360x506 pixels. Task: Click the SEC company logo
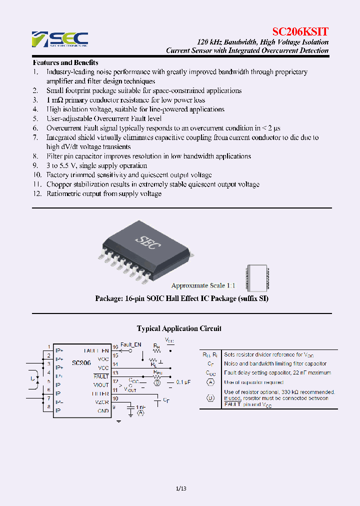[60, 39]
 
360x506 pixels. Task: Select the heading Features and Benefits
[65, 62]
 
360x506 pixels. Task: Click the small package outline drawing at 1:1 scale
[254, 278]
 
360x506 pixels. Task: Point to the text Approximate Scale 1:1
[203, 285]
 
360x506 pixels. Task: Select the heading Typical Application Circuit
[179, 328]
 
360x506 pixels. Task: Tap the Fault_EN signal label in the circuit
[130, 344]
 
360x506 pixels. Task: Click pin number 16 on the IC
[115, 346]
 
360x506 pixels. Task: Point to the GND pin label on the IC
[103, 411]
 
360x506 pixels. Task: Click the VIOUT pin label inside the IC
[100, 385]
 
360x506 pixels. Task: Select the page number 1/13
[181, 488]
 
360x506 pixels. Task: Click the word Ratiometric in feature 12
[64, 193]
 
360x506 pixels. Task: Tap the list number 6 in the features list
[35, 128]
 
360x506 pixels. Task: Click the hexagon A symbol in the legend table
[210, 382]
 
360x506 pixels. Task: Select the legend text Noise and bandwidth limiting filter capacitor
[275, 363]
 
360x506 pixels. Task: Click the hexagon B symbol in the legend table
[210, 398]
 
